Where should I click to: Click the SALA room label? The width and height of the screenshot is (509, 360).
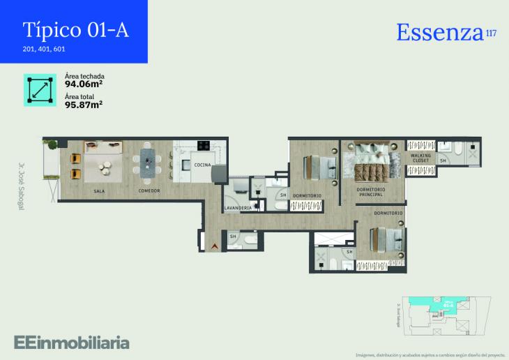(99, 190)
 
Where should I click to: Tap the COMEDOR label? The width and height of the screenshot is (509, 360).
(149, 190)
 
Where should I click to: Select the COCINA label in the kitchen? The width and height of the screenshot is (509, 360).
(202, 165)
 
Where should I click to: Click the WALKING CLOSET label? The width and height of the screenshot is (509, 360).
(420, 158)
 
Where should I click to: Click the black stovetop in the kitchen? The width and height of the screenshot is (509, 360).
(204, 146)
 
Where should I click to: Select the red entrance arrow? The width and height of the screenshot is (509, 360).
(214, 245)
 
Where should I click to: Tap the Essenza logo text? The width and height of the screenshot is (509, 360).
(439, 32)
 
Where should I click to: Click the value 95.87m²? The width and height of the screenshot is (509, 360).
(84, 105)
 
